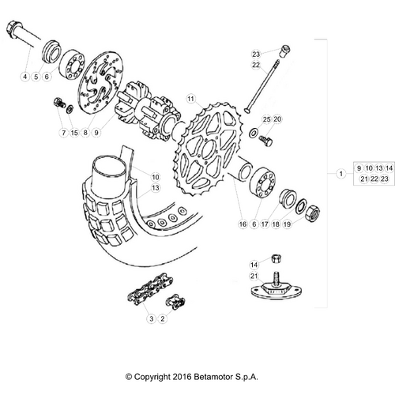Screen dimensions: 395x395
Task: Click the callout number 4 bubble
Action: click(25, 77)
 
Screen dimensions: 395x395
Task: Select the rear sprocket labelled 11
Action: click(209, 149)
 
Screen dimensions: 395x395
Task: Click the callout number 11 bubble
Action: click(190, 99)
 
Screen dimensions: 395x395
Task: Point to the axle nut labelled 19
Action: click(313, 213)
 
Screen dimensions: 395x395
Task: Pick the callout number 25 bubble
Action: click(266, 119)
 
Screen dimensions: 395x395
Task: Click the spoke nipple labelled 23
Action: click(284, 51)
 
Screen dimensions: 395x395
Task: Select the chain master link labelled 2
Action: click(175, 301)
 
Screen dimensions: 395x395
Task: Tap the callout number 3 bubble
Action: click(151, 318)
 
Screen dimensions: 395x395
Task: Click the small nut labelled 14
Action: click(276, 258)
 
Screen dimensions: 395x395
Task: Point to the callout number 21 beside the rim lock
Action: click(254, 276)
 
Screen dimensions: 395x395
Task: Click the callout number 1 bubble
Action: click(341, 174)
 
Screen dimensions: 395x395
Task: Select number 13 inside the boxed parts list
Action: click(379, 168)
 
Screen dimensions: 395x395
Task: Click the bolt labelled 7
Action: click(60, 103)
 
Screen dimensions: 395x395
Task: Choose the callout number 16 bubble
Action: click(243, 224)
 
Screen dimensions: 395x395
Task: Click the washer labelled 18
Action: click(301, 206)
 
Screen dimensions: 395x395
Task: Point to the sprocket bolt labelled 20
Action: click(265, 141)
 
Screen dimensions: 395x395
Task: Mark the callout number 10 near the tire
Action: click(156, 177)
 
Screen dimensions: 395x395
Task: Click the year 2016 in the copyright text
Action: click(182, 377)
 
